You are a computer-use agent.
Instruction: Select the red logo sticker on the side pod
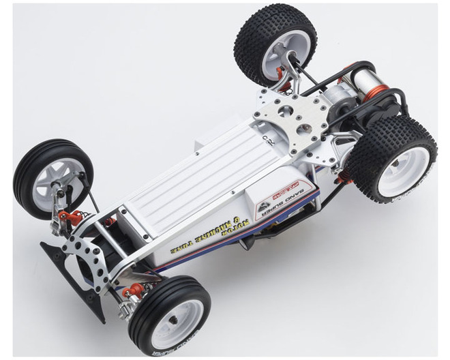coord(286,187)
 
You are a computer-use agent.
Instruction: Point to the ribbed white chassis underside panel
coord(198,170)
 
